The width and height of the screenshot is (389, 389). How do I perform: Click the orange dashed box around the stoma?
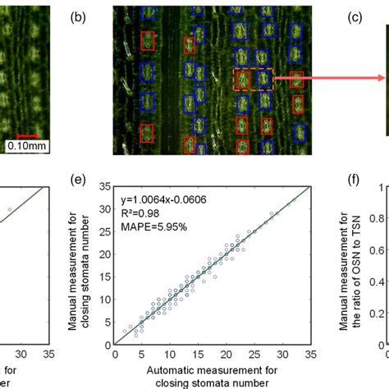252,79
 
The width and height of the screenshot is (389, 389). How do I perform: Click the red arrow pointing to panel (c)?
328,79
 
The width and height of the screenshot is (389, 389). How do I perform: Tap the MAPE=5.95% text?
152,224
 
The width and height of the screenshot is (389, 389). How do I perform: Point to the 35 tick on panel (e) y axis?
107,188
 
